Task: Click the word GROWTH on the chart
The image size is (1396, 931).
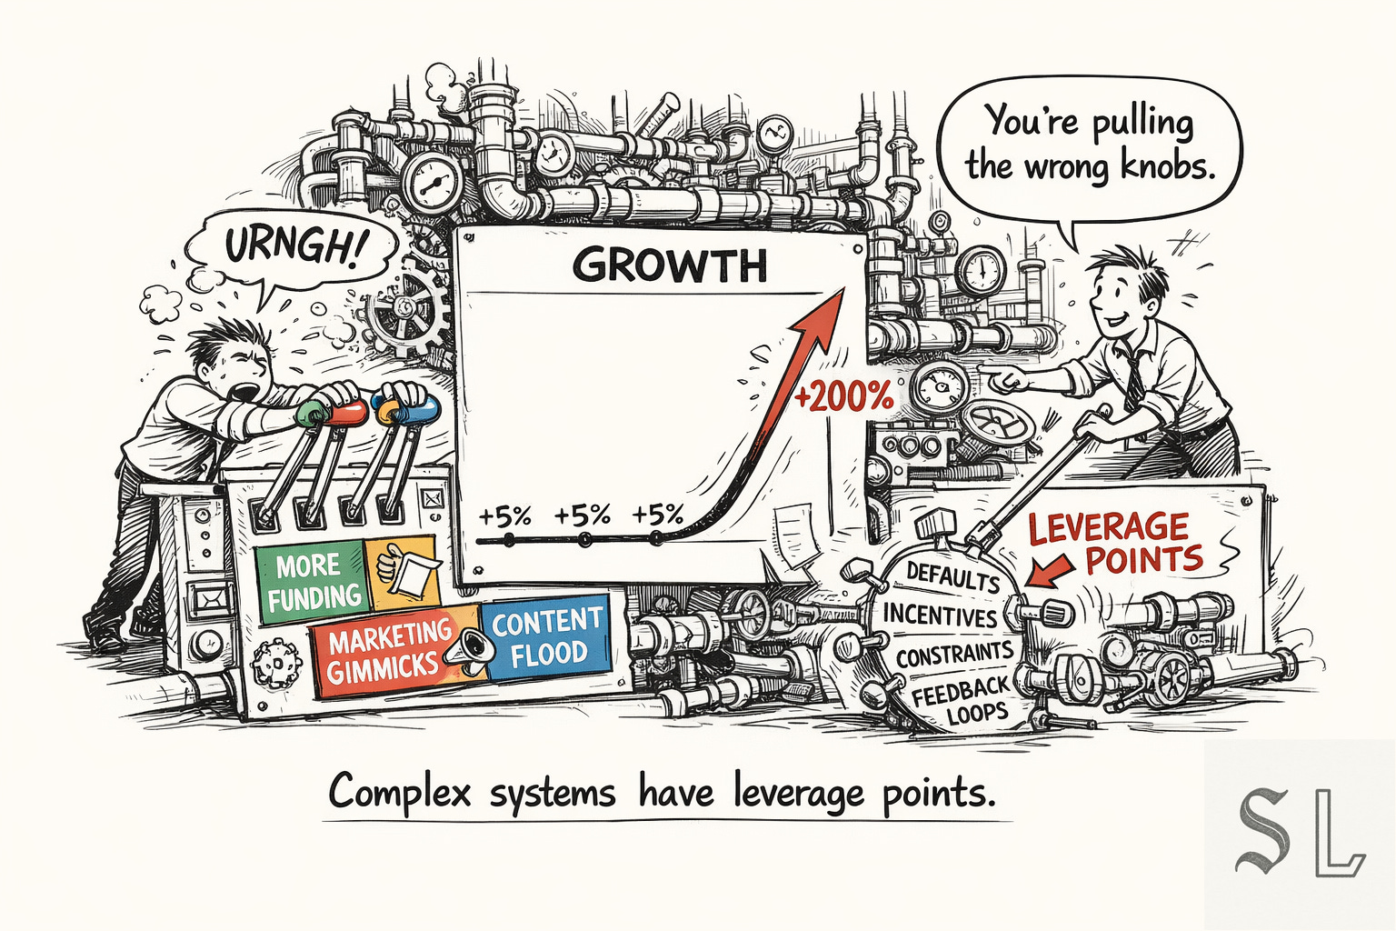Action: point(670,265)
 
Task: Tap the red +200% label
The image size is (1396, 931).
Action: point(844,396)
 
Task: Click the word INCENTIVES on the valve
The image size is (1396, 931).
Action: point(940,616)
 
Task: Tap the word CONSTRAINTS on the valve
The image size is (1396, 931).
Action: point(953,655)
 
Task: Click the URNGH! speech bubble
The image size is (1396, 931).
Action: point(289,245)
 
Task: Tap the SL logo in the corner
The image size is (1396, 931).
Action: point(1299,833)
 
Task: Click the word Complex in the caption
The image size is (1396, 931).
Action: point(400,793)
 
